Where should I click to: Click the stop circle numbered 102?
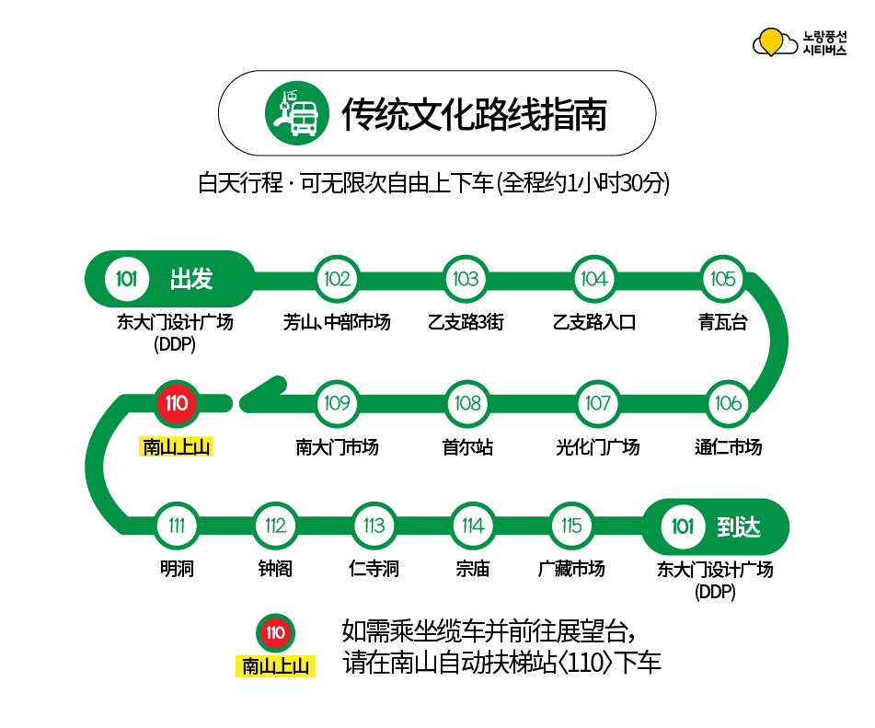pos(338,279)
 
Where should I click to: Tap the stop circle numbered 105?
pos(723,279)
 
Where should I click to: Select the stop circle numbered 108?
pos(467,403)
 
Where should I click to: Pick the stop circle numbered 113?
pos(374,526)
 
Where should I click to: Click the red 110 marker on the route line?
pos(176,403)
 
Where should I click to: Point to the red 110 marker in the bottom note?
pos(275,632)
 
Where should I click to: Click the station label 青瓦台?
pos(723,322)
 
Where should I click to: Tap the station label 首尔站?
pos(467,447)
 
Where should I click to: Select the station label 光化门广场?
pos(597,447)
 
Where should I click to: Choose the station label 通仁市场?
pos(728,447)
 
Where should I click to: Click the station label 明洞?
pos(177,569)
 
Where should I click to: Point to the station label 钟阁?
pos(275,569)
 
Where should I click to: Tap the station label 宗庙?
pos(473,569)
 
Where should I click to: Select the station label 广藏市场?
pos(571,569)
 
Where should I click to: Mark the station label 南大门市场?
pos(337,447)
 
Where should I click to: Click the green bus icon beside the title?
pos(293,113)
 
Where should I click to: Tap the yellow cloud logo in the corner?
pos(773,42)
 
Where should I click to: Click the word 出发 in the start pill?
pos(191,279)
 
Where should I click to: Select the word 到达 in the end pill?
pos(738,526)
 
